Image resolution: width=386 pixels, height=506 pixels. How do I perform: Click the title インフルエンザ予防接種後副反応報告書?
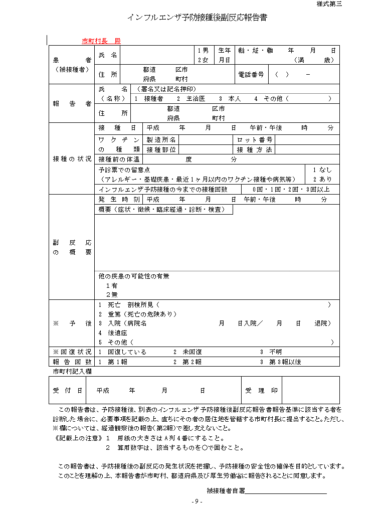coord(197,18)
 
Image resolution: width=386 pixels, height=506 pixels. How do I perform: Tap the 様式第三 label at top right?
coord(329,4)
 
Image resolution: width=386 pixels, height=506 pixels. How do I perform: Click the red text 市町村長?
coord(94,41)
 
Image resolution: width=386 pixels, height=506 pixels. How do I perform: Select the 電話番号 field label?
coord(251,75)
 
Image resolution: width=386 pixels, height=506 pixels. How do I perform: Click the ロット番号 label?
coord(255,139)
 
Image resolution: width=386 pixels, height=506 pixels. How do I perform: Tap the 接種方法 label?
coord(255,149)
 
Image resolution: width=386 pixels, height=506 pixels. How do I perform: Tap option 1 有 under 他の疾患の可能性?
coord(111,285)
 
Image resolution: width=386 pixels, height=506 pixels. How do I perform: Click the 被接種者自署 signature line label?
coord(226,490)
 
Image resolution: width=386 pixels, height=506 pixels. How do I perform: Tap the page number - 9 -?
coord(197,501)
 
